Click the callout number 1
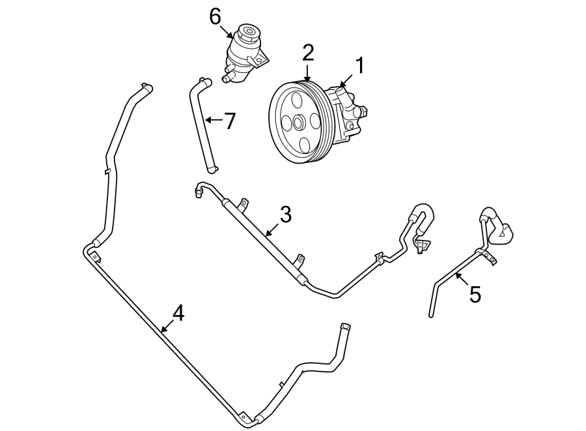click(x=359, y=67)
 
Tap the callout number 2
click(x=307, y=53)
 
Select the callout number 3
click(x=285, y=215)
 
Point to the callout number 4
click(x=177, y=314)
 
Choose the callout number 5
click(x=475, y=295)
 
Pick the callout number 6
click(x=216, y=17)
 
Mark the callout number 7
click(x=229, y=121)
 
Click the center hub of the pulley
click(x=298, y=122)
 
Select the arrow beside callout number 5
click(x=460, y=280)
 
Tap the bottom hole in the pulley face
click(x=304, y=144)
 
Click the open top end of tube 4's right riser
click(x=344, y=325)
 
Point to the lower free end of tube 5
click(x=431, y=315)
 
